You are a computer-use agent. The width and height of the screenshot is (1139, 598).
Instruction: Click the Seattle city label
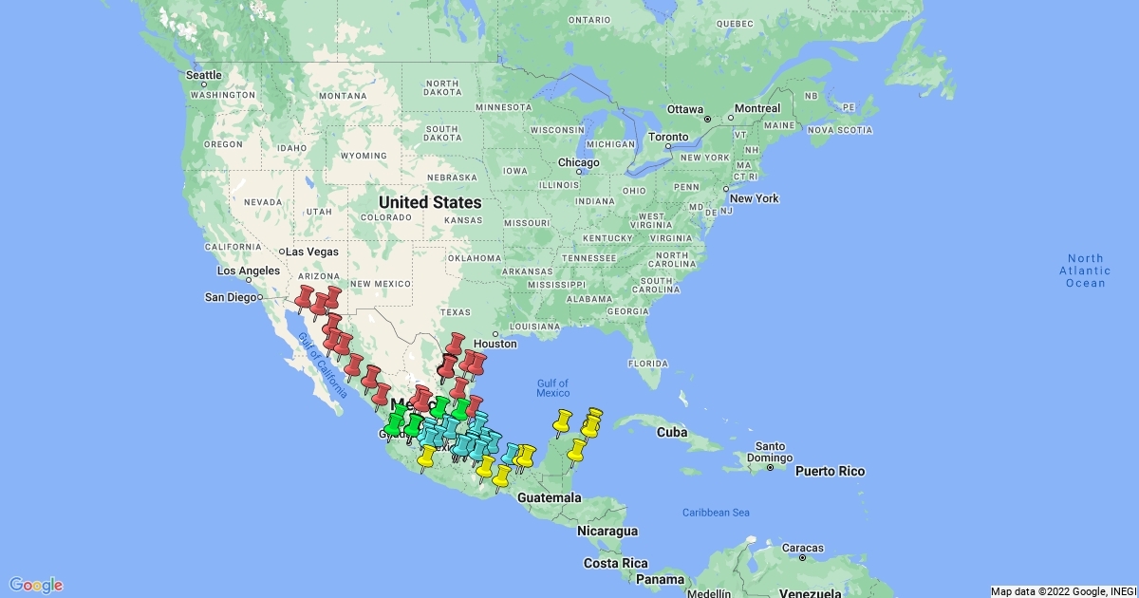pos(204,75)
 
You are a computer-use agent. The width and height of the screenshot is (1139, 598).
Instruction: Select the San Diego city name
pos(232,297)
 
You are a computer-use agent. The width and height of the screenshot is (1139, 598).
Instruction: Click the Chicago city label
pos(578,162)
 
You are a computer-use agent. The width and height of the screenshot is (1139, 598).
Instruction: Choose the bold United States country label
pos(429,202)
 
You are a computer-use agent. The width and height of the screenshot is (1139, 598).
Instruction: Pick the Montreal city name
pos(756,108)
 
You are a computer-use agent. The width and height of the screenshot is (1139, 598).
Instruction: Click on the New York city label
pos(754,198)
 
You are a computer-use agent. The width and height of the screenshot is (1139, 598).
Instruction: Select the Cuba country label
pos(672,433)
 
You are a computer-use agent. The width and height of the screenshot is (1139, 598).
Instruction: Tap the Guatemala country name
pos(551,498)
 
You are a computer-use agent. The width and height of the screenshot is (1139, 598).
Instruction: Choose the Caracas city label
pos(803,548)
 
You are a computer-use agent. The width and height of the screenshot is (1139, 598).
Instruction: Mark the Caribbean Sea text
pos(716,513)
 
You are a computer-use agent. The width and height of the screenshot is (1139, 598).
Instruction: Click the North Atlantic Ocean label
pos(1086,271)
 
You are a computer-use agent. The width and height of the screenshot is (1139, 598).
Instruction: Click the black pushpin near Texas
pos(445,365)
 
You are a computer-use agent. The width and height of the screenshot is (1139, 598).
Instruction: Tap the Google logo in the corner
pos(36,585)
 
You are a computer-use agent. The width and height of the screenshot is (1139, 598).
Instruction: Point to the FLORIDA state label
pos(649,364)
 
